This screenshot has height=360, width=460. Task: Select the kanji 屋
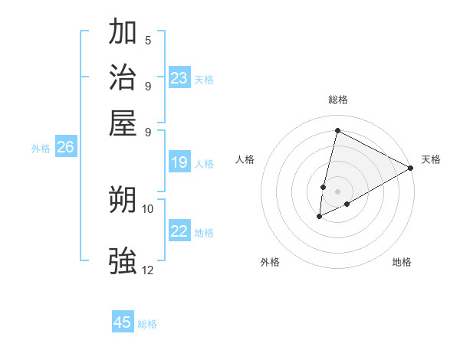(123, 123)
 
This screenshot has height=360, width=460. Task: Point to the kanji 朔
(123, 201)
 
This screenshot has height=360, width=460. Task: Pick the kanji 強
(123, 260)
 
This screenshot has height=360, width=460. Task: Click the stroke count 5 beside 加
(147, 41)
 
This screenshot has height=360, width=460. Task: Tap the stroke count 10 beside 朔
(148, 208)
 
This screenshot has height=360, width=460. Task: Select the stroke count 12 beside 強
(148, 270)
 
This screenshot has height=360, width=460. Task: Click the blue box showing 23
(179, 78)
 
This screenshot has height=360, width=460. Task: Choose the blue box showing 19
(179, 162)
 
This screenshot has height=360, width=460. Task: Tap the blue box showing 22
(179, 232)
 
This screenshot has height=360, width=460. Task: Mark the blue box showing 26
(65, 148)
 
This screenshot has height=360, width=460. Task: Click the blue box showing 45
(123, 322)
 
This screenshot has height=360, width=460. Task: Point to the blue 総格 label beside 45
(147, 324)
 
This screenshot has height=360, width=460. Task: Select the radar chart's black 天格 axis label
(431, 159)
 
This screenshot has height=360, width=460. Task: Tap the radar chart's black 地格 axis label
(402, 262)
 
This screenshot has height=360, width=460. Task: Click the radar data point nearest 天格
(411, 168)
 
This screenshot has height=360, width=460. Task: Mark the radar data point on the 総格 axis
(337, 131)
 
